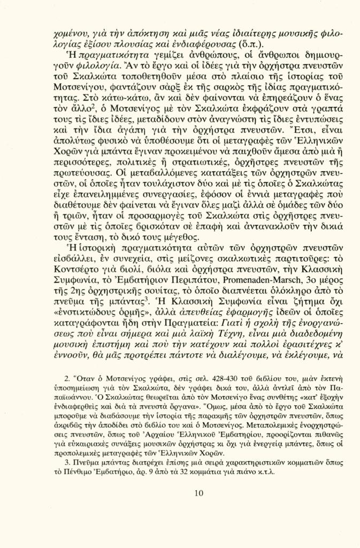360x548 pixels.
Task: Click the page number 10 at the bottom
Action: (x=180, y=493)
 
